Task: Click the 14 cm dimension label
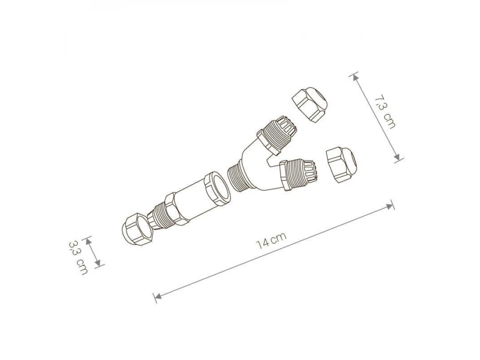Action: coord(271,241)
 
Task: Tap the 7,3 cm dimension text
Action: coord(385,112)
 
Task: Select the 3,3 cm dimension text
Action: coord(78,258)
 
